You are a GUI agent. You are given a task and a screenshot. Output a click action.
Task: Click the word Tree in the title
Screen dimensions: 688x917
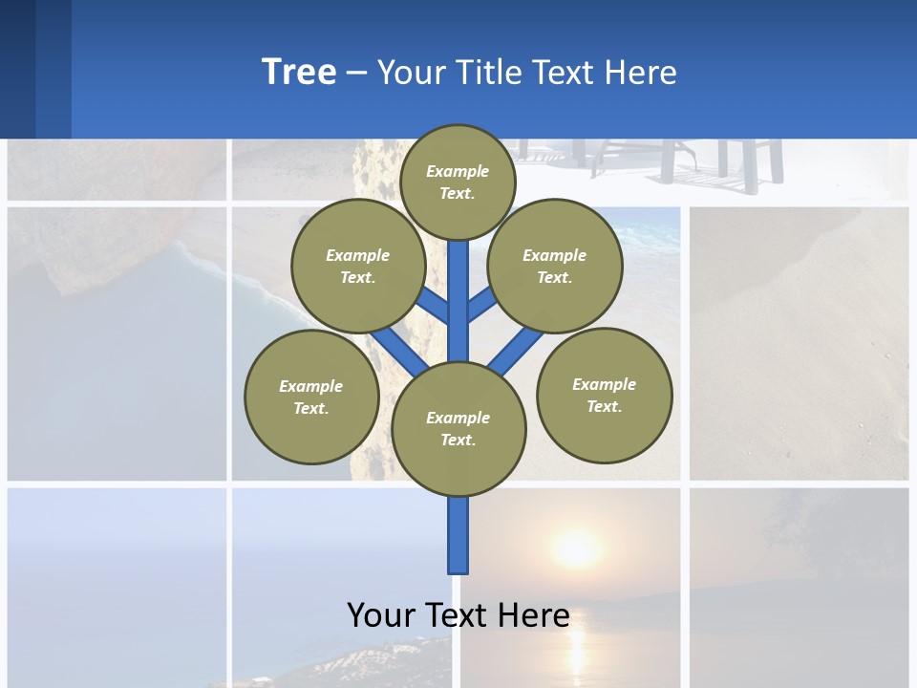(299, 72)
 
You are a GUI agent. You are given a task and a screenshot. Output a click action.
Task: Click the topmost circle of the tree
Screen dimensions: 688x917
(458, 182)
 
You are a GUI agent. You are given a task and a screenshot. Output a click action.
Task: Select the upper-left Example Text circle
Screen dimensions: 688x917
(357, 266)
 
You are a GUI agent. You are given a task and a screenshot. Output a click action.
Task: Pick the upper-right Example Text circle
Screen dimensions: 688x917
(554, 266)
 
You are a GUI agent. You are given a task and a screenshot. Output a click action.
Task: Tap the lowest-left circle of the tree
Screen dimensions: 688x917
(311, 397)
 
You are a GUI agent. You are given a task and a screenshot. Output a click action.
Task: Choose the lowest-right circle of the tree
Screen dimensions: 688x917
(604, 395)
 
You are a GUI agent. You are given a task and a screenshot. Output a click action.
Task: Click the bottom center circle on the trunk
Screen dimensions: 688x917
(458, 428)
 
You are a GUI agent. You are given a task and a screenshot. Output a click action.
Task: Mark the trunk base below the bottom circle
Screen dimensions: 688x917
(458, 535)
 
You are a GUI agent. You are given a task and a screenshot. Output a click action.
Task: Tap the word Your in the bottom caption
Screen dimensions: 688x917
(381, 614)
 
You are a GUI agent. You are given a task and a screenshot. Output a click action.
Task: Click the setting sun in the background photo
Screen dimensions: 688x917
(576, 549)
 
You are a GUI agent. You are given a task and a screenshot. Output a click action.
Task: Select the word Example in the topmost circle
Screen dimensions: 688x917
(458, 171)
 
